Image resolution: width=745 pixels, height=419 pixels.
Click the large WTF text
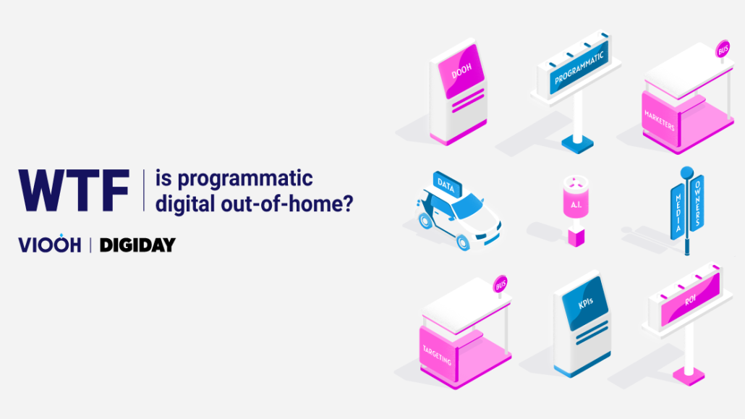pos(74,190)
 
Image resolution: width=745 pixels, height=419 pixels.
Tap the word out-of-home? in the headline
pos(287,203)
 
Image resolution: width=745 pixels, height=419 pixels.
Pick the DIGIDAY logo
pos(137,245)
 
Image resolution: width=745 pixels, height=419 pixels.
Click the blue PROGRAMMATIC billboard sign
pos(579,67)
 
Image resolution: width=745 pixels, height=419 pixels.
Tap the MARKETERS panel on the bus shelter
pos(660,119)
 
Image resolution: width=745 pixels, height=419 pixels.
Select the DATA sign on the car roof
pos(446,185)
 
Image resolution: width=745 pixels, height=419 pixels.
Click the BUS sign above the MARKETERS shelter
pos(723,49)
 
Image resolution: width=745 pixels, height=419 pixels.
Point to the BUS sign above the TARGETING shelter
pos(501,285)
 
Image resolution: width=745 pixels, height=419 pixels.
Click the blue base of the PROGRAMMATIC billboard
pos(577,144)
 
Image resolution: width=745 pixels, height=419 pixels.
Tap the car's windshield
pos(468,208)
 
